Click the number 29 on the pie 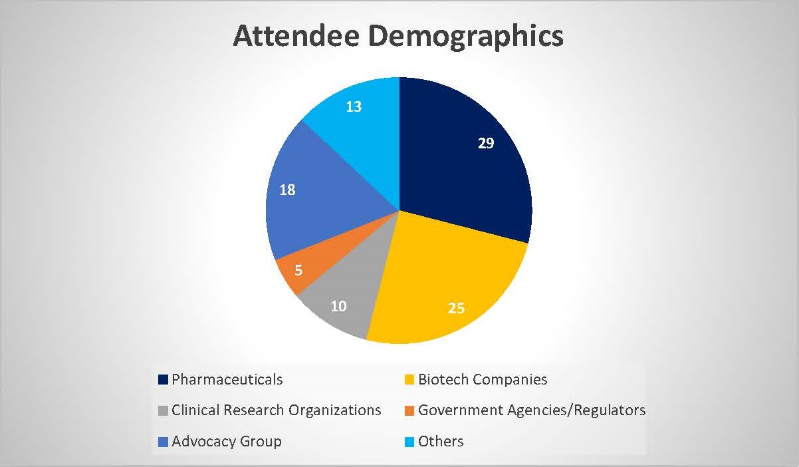[x=486, y=142]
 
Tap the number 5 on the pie [x=298, y=271]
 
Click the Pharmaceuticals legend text [x=227, y=379]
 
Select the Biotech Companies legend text [x=483, y=379]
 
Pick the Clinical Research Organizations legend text [x=276, y=410]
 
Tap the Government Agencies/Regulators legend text [x=531, y=410]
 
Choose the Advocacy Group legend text [x=226, y=441]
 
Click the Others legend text [x=441, y=441]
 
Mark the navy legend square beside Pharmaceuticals [x=163, y=380]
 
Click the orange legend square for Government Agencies [x=409, y=410]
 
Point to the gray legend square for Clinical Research [x=163, y=410]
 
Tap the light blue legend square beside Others [x=409, y=442]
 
